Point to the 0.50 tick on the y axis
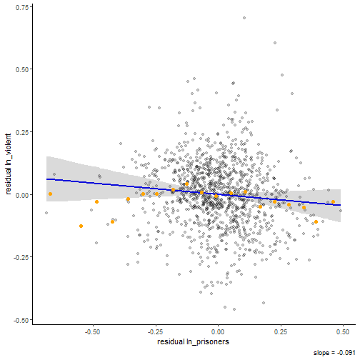(22, 69)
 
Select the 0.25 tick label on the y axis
(22, 132)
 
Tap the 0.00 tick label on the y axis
(22, 195)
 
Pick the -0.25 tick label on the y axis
(21, 258)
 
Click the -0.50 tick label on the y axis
(21, 320)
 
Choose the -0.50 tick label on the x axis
(92, 332)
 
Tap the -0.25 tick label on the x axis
(155, 332)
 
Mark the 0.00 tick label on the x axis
(219, 332)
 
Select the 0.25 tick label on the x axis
(281, 332)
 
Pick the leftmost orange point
(50, 194)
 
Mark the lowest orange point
(81, 226)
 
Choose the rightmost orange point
(333, 202)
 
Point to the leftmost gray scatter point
(46, 213)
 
